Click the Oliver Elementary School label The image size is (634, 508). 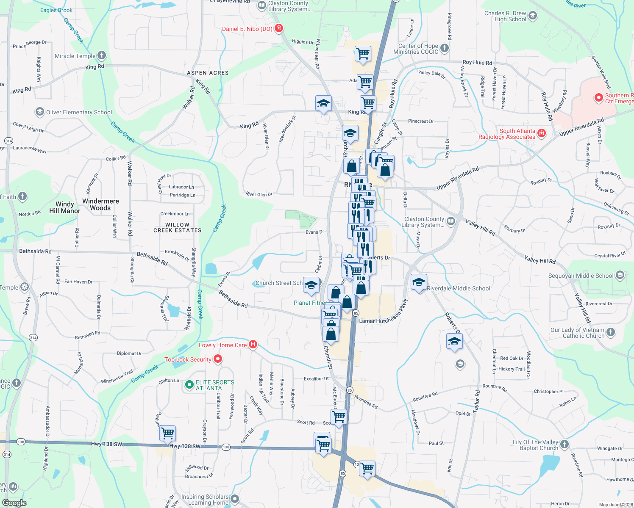[79, 112]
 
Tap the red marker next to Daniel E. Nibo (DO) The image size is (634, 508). [279, 28]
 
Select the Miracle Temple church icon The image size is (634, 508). [102, 55]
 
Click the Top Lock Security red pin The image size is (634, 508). [218, 359]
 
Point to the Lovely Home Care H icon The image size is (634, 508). [253, 345]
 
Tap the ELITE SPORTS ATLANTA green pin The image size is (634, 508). [189, 385]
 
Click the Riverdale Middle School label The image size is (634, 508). [458, 288]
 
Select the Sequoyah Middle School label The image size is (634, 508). [581, 276]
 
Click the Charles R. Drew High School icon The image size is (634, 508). [533, 16]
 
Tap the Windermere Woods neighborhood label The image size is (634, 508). [100, 204]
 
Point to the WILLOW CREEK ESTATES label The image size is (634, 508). [177, 228]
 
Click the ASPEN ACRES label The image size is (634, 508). [208, 73]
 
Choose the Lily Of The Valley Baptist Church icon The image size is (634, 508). [564, 444]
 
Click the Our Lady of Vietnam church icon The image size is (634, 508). [611, 332]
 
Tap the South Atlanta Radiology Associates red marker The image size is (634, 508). [542, 133]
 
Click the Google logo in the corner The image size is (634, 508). [14, 502]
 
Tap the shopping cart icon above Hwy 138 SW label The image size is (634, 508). [168, 433]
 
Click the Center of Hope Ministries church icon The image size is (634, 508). [445, 48]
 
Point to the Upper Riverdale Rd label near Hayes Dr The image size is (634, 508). [581, 127]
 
